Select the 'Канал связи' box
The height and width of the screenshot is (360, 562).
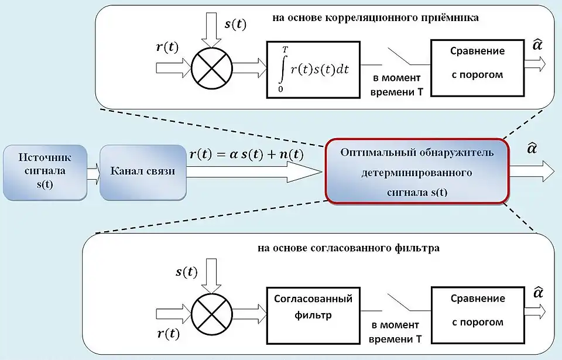(x=143, y=173)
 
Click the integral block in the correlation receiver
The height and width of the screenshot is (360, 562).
(x=313, y=68)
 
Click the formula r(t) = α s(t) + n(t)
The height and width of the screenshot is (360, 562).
(x=246, y=155)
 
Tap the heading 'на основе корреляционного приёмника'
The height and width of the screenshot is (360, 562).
(x=375, y=18)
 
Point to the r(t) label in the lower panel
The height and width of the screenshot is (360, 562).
(x=169, y=334)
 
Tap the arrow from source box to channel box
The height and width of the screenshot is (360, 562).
(x=94, y=174)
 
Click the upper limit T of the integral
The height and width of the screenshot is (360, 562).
(x=285, y=50)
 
